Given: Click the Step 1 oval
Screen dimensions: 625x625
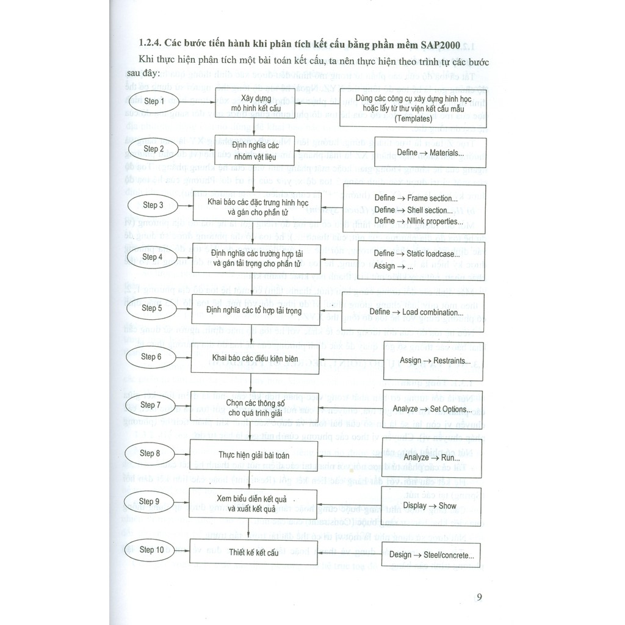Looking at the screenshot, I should tap(154, 101).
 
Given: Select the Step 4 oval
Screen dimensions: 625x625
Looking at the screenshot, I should tap(152, 257).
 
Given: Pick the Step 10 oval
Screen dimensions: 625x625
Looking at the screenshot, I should tap(151, 550).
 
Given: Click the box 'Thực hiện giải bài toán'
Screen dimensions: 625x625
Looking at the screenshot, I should tap(254, 455).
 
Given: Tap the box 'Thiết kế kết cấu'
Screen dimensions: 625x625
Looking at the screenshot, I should tap(254, 552).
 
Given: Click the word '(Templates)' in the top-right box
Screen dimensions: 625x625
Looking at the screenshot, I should tap(413, 118).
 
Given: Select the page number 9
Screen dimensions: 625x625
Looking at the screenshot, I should tap(479, 596).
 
